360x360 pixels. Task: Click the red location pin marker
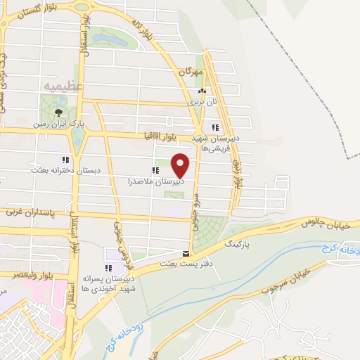pos(181,165)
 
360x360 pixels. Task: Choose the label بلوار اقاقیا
pos(163,133)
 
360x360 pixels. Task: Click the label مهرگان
pos(190,72)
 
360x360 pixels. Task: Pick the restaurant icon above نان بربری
pos(202,91)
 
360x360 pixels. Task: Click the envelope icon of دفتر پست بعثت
pos(186,253)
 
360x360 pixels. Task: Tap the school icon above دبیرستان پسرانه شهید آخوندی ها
pos(108,268)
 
